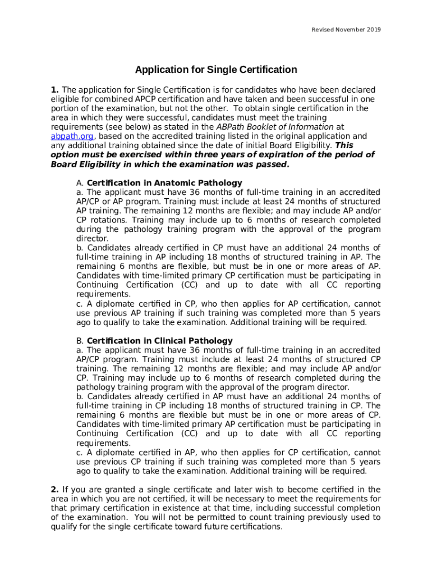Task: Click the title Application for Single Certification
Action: coord(216,70)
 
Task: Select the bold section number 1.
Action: coord(54,90)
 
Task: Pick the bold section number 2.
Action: coord(54,490)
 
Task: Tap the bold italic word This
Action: coord(344,145)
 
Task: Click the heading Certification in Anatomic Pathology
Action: coord(164,183)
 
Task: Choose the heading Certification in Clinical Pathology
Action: coord(159,341)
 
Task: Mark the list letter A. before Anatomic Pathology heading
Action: coord(80,183)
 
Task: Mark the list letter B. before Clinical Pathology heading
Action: coord(80,341)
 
